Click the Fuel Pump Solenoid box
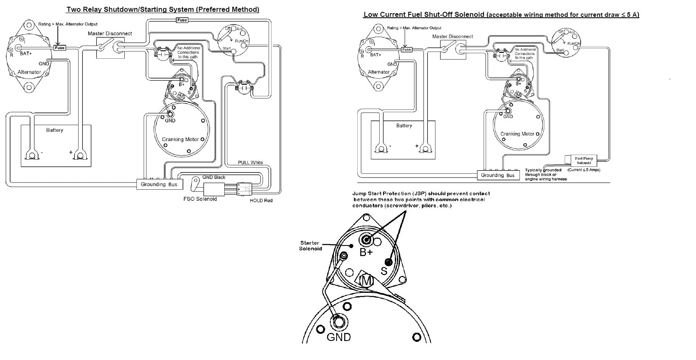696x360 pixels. coord(584,161)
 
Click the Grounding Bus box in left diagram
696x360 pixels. coord(159,184)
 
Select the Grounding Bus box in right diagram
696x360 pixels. coord(498,175)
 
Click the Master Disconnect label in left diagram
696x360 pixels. coord(110,33)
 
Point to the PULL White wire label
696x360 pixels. coord(250,162)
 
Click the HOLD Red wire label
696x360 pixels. coord(261,200)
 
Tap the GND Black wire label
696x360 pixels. coord(214,177)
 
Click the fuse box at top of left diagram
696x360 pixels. coord(182,20)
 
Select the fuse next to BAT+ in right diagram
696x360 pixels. coord(406,49)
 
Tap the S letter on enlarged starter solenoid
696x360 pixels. coord(384,270)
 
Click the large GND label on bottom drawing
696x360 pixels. coord(339,337)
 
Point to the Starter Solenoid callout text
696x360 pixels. coord(310,245)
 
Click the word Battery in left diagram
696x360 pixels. coord(54,130)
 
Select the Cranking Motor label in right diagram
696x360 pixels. coord(517,134)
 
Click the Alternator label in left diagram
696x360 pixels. coord(29,72)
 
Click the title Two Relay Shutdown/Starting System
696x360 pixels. coord(163,9)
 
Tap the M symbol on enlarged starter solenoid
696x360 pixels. coord(366,280)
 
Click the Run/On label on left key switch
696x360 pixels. coord(242,41)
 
